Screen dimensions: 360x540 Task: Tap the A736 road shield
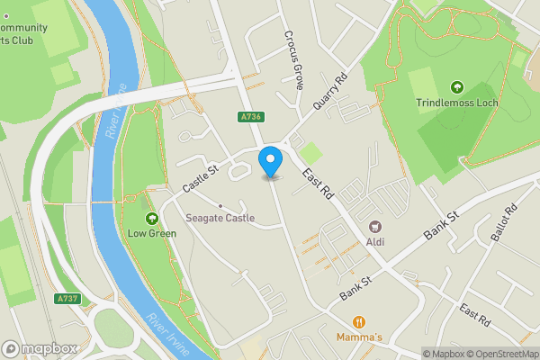pyautogui.click(x=251, y=117)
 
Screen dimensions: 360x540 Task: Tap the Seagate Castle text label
pyautogui.click(x=220, y=218)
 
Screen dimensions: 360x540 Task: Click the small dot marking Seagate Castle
pyautogui.click(x=220, y=205)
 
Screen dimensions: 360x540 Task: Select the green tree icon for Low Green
pyautogui.click(x=151, y=218)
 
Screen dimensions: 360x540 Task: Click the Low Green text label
pyautogui.click(x=151, y=233)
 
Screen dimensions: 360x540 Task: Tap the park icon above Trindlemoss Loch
pyautogui.click(x=456, y=87)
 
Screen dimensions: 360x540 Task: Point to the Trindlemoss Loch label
pyautogui.click(x=456, y=103)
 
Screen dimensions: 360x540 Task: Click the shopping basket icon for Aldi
pyautogui.click(x=375, y=227)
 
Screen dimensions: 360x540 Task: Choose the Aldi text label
pyautogui.click(x=375, y=241)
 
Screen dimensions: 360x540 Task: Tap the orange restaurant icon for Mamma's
pyautogui.click(x=359, y=321)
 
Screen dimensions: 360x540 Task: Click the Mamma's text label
pyautogui.click(x=359, y=337)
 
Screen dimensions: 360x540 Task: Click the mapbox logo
pyautogui.click(x=39, y=348)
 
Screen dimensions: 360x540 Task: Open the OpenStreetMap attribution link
pyautogui.click(x=494, y=354)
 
